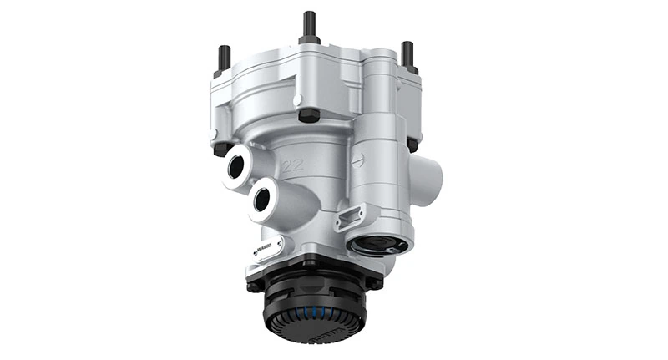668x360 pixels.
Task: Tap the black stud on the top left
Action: click(x=224, y=58)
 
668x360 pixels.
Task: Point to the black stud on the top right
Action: click(x=407, y=55)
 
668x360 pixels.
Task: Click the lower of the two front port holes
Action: click(x=265, y=198)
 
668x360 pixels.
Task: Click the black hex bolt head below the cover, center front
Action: click(x=308, y=114)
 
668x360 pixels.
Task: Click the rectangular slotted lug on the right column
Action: click(x=347, y=219)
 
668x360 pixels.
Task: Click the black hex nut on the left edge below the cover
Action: click(x=222, y=150)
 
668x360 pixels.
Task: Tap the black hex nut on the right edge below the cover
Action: click(x=412, y=144)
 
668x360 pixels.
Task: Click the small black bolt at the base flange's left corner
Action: click(x=252, y=283)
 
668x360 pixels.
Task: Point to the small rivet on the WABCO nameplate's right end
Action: click(x=278, y=243)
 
